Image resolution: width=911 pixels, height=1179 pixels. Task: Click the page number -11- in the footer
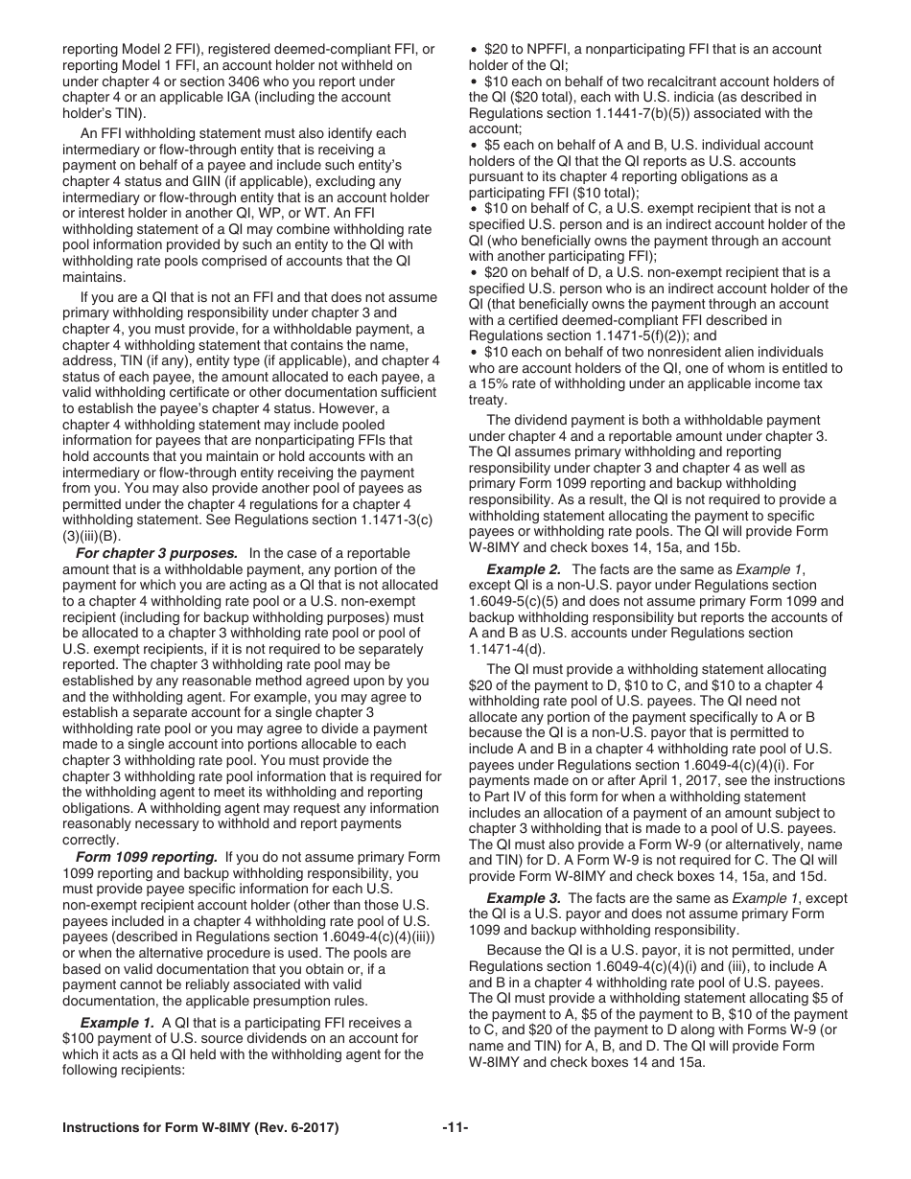pos(455,1128)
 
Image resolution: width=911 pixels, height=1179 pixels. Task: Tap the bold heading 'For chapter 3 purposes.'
pos(156,553)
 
